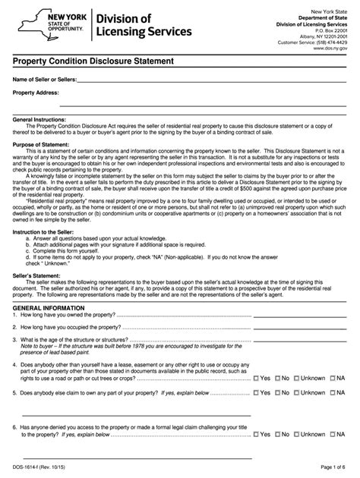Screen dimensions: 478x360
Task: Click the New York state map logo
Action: (30, 25)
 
